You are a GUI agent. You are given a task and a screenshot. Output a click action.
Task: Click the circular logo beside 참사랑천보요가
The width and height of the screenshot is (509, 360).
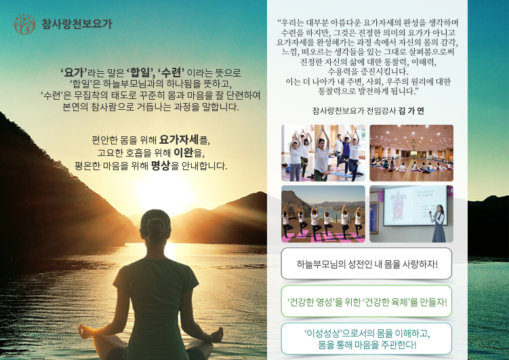click(x=24, y=24)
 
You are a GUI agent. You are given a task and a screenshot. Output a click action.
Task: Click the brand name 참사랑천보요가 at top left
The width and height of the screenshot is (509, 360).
click(x=77, y=24)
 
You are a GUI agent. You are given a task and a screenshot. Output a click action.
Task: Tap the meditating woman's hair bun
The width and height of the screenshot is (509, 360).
click(x=156, y=224)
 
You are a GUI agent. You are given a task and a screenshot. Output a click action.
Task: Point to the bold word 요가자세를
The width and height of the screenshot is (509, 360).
click(x=184, y=140)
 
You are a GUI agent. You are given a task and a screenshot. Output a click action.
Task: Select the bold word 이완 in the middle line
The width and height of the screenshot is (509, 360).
click(x=183, y=153)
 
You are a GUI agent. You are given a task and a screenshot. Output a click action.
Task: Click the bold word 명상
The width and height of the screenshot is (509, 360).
click(x=161, y=165)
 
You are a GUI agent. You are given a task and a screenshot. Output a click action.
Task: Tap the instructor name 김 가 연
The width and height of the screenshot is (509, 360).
click(x=411, y=111)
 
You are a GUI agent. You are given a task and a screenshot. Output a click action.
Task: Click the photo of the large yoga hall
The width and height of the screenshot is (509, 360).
click(x=411, y=153)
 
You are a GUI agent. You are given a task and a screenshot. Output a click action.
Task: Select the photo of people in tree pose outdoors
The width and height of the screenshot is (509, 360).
click(x=323, y=214)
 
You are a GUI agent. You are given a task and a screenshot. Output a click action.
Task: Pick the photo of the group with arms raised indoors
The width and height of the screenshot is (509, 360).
click(x=323, y=153)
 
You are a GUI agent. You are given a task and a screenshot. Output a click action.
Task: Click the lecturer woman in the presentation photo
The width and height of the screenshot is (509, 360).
click(x=438, y=224)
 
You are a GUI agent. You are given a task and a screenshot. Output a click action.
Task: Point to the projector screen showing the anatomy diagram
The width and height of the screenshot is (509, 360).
click(x=415, y=206)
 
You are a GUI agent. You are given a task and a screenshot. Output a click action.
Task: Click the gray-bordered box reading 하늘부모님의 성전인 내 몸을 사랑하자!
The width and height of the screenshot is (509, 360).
click(x=367, y=264)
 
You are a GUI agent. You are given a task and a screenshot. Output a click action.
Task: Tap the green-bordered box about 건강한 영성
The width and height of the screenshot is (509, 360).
click(x=367, y=301)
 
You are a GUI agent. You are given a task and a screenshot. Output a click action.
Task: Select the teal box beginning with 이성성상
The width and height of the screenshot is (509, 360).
click(x=367, y=338)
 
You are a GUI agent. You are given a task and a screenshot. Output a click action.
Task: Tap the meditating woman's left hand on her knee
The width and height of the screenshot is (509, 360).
click(x=85, y=331)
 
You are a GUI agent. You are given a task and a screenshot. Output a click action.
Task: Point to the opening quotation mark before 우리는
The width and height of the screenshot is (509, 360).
click(x=279, y=22)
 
